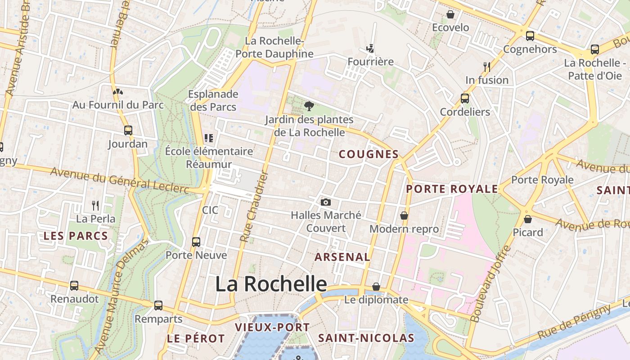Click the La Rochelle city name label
coord(271,284)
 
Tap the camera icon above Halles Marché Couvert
coord(326,202)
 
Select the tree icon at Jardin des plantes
coord(309,106)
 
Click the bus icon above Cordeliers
coord(465,98)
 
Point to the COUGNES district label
coord(369,154)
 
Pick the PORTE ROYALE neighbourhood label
coord(452,189)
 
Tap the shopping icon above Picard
coord(528,219)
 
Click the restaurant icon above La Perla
coord(95,206)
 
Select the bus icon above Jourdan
coord(128,130)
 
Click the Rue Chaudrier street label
coord(254,207)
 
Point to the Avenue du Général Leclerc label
coord(119,180)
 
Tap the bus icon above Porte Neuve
coord(196,242)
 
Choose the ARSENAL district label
coord(342,257)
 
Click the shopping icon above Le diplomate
coord(376,287)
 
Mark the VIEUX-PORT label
coord(272,327)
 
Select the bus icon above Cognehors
coord(530,36)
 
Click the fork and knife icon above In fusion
coord(486,67)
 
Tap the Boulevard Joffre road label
coord(491,284)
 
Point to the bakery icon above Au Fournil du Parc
coord(118,92)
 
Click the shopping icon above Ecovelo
coord(450,15)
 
